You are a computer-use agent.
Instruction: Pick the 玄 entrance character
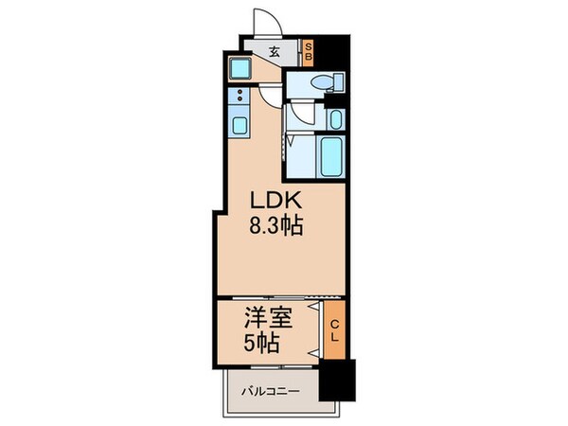pos(274,53)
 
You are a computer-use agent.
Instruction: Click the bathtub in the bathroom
pos(332,154)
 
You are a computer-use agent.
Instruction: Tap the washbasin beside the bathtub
pos(336,119)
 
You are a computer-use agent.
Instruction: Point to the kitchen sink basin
pos(238,124)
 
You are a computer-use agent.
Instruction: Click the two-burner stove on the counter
pos(238,97)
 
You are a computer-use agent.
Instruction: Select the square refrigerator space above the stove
pos(239,69)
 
